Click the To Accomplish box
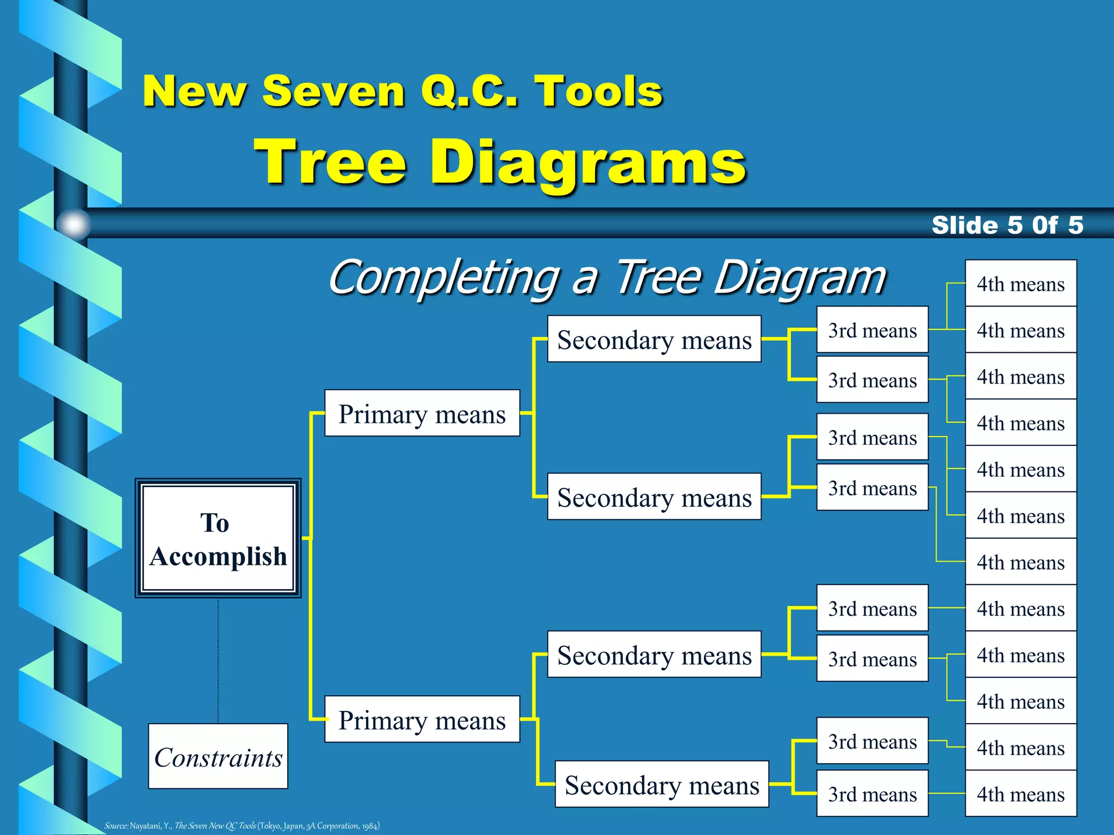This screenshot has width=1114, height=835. (218, 538)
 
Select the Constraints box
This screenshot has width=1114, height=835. (218, 756)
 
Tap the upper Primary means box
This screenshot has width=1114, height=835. (422, 413)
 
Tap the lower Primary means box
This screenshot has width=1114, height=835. (422, 719)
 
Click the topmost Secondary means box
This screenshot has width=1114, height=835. (654, 339)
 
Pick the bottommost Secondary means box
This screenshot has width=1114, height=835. (661, 784)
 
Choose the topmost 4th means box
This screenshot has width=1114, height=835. (1020, 283)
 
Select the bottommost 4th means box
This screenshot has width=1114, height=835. (1020, 794)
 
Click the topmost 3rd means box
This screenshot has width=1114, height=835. (872, 330)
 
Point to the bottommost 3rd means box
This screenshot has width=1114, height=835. (872, 794)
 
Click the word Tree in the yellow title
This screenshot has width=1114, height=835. (330, 162)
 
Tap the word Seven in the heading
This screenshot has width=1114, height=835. (333, 91)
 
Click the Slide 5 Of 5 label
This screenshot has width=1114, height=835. (1007, 225)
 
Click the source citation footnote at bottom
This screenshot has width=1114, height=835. (242, 826)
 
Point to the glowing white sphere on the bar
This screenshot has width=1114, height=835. (73, 223)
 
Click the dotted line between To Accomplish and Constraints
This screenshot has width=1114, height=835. (218, 660)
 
